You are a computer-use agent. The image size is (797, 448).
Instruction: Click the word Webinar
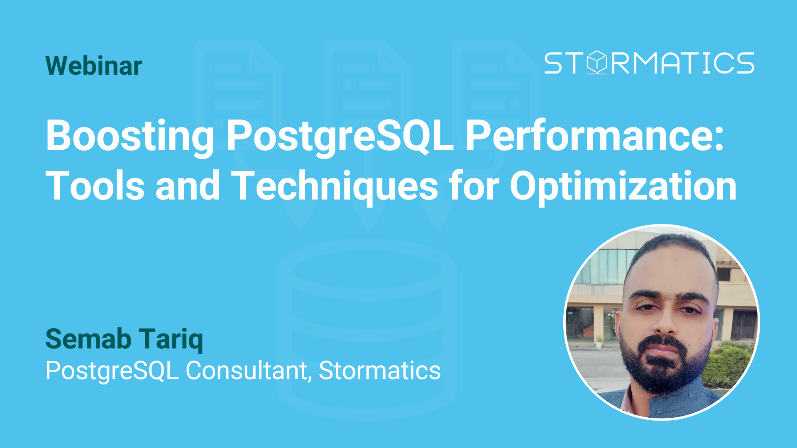click(94, 66)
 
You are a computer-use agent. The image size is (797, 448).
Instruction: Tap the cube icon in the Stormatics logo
click(597, 63)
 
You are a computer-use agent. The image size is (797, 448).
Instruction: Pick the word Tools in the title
click(95, 186)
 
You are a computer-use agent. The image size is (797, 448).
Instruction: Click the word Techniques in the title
click(334, 186)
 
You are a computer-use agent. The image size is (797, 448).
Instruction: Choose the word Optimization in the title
click(623, 186)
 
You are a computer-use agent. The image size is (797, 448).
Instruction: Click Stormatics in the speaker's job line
click(379, 370)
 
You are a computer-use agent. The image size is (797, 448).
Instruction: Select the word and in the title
click(187, 186)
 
